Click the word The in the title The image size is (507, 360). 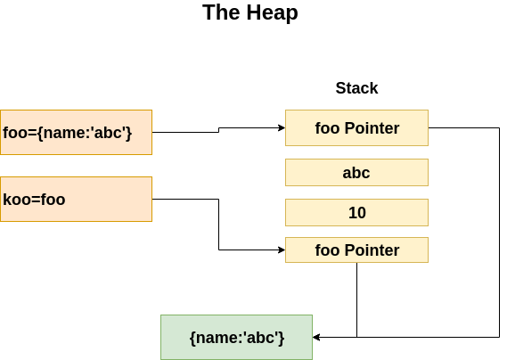point(220,12)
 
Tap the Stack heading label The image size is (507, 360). point(356,88)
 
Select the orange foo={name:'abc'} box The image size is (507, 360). point(76,132)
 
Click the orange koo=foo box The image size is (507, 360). point(76,199)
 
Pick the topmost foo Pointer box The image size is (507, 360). point(356,127)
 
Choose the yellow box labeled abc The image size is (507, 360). point(356,172)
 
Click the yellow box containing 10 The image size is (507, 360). point(356,212)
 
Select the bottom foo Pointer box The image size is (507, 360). point(356,250)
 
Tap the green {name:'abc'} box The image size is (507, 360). point(236,337)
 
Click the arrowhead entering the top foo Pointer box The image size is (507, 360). point(281,127)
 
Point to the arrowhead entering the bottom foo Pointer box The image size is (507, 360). point(281,250)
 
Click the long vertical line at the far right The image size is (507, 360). point(499,232)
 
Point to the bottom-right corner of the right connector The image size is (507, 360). point(499,337)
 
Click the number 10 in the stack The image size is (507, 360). point(356,213)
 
